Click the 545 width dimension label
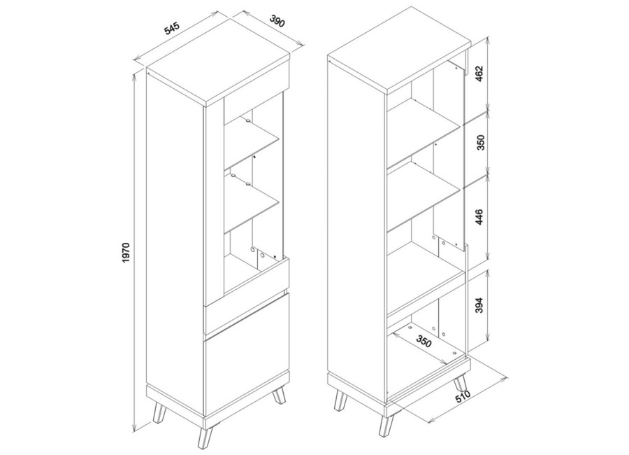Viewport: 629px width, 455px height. click(171, 29)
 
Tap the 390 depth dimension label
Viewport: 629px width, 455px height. click(277, 21)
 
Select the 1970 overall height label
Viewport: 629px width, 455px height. click(126, 253)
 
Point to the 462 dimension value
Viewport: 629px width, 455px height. click(482, 73)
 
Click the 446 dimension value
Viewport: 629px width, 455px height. click(482, 217)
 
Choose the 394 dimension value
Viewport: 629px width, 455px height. click(482, 305)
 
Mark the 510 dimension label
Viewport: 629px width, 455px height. click(463, 398)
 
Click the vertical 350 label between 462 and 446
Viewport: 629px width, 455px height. click(482, 142)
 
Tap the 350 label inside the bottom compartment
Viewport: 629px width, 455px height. click(424, 342)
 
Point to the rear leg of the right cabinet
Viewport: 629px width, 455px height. click(461, 381)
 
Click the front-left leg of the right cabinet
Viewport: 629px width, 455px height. click(341, 398)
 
